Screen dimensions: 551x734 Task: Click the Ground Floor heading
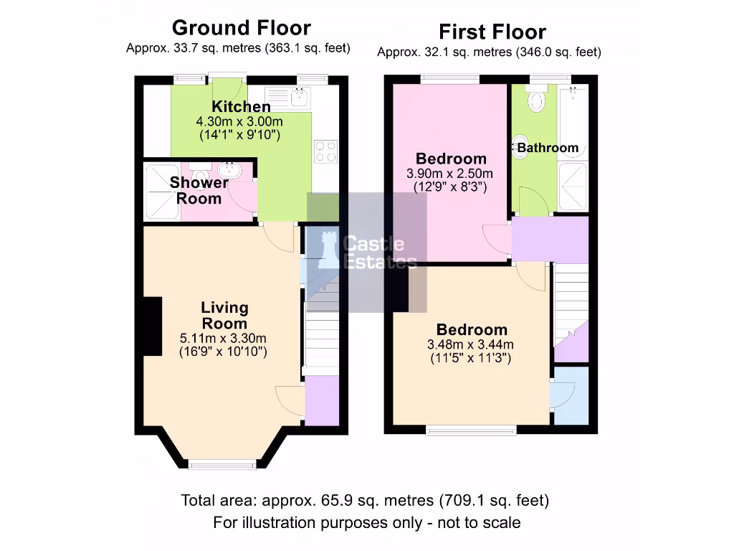click(241, 28)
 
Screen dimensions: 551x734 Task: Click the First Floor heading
click(492, 32)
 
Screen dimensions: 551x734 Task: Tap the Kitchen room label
click(241, 107)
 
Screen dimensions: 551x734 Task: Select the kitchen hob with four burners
click(325, 151)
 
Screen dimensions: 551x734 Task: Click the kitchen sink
click(298, 95)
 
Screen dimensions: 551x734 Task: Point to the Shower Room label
click(199, 190)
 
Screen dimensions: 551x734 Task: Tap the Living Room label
click(224, 316)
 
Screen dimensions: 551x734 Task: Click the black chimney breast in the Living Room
click(151, 326)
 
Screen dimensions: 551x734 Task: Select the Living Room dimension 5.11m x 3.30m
click(224, 338)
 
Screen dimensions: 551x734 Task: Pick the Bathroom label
click(548, 148)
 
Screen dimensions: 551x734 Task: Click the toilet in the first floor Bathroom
click(535, 100)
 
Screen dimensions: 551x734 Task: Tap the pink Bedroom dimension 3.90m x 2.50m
click(452, 174)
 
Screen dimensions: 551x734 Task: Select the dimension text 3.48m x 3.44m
click(471, 344)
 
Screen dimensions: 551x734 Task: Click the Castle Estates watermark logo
click(367, 252)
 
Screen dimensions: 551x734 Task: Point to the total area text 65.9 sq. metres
click(365, 500)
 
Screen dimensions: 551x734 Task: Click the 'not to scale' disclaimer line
click(366, 522)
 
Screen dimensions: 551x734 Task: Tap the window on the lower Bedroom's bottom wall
click(471, 430)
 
